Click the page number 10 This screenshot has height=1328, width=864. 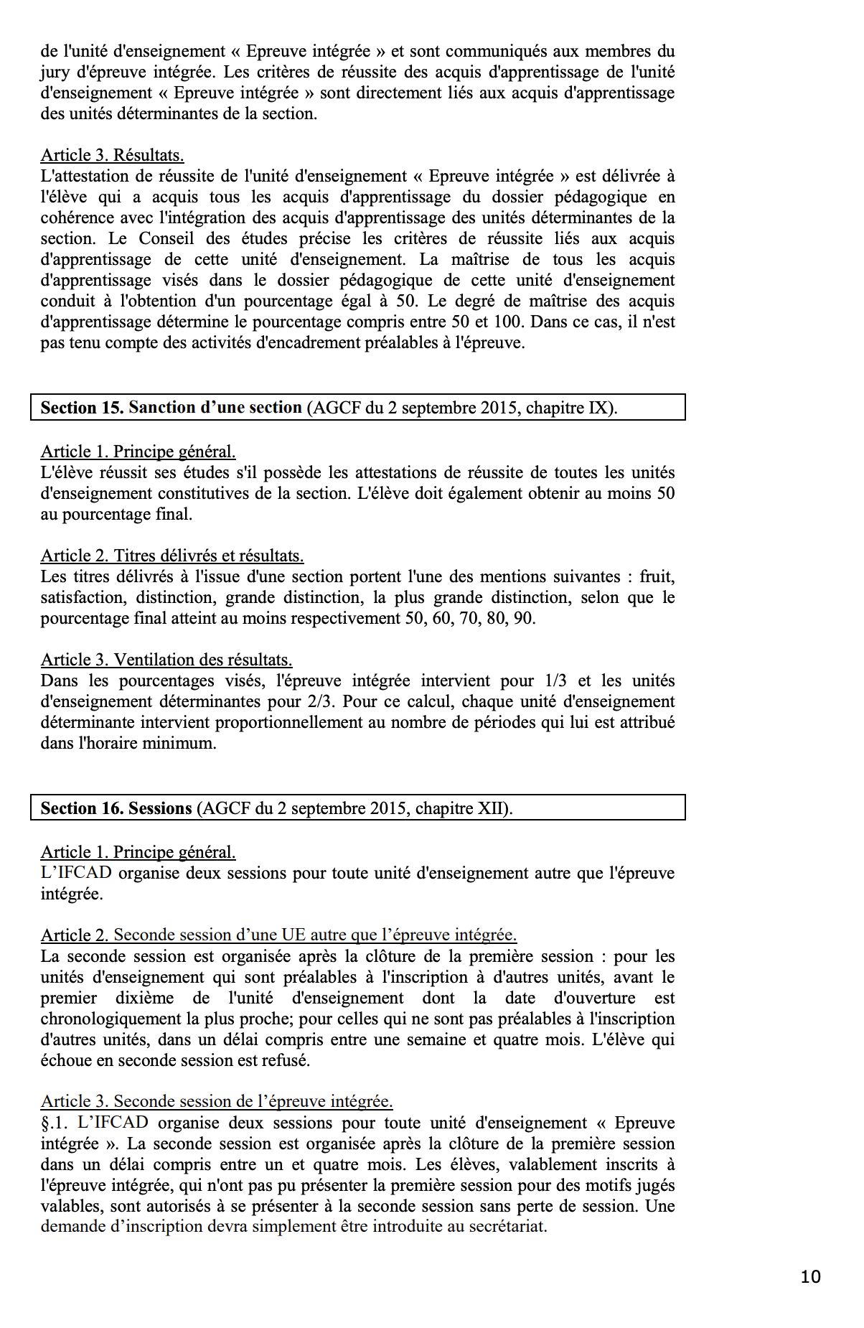coord(810,1276)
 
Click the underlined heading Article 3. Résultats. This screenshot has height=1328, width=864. coord(112,155)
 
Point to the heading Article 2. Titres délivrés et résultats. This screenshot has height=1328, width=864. coord(172,556)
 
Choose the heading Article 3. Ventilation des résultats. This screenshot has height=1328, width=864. coord(166,660)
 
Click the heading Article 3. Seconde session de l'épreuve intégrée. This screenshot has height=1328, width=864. coord(217,1101)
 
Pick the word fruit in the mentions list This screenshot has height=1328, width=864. coord(655,576)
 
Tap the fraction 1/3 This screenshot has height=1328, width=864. coord(556,681)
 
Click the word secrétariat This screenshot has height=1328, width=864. coord(507,1226)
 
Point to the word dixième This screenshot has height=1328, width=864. coord(144,998)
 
